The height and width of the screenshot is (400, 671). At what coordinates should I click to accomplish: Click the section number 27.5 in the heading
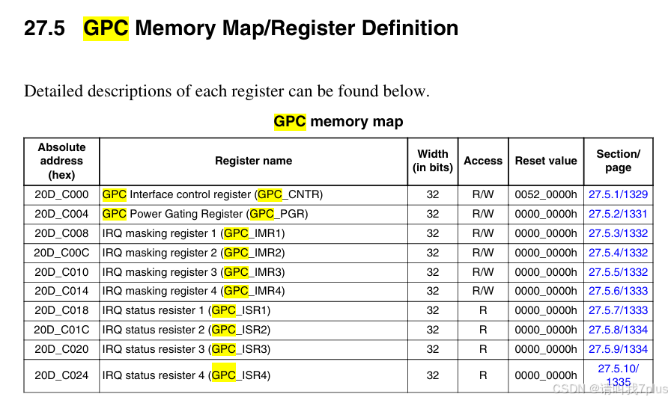click(44, 28)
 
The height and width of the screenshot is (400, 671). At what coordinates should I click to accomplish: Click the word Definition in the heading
click(410, 28)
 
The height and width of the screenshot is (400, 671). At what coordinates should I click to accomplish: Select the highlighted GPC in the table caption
click(290, 121)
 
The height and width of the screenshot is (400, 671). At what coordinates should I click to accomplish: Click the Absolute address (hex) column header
click(61, 161)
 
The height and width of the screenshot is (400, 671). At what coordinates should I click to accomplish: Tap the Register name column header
click(253, 161)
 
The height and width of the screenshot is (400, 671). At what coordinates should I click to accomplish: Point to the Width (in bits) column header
click(433, 161)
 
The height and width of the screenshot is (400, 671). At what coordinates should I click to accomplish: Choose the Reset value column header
click(546, 161)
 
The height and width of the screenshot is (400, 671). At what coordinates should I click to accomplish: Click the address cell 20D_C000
click(61, 194)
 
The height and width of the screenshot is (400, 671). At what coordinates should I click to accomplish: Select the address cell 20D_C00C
click(61, 253)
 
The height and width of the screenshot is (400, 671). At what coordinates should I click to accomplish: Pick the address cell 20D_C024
click(61, 375)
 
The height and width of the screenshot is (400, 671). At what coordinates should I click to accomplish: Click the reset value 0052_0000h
click(546, 194)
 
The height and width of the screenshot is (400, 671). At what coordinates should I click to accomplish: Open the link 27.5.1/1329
click(618, 194)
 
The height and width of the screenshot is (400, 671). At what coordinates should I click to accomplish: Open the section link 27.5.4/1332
click(618, 253)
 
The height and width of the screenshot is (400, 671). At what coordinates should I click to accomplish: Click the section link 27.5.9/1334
click(618, 349)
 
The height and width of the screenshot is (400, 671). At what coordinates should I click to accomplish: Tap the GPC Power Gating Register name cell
click(205, 214)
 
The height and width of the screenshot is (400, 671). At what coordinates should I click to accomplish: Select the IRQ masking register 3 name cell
click(193, 272)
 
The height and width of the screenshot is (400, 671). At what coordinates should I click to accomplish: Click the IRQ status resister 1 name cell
click(186, 310)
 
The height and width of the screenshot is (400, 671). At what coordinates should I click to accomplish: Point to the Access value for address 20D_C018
click(483, 310)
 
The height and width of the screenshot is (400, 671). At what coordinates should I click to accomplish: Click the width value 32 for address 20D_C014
click(433, 291)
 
